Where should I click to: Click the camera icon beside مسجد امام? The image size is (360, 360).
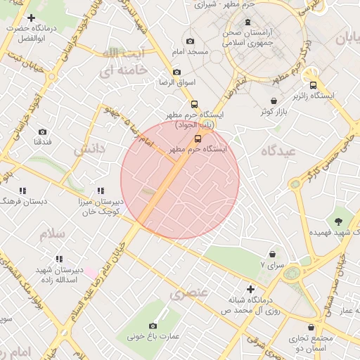(190, 41)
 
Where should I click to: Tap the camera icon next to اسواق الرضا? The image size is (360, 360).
(176, 72)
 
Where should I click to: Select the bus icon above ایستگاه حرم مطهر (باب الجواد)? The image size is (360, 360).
(195, 101)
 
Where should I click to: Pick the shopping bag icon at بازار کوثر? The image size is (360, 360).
(274, 101)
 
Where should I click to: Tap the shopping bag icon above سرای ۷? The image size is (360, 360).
(272, 254)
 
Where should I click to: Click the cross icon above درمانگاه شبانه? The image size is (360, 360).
(250, 289)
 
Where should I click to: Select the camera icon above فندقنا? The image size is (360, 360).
(42, 131)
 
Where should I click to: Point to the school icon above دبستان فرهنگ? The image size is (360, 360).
(23, 191)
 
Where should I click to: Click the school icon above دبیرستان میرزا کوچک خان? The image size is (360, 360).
(101, 191)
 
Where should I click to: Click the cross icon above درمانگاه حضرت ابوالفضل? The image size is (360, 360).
(31, 18)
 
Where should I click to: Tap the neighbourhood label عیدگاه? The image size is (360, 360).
(278, 151)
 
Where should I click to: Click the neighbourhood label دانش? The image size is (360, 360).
(89, 150)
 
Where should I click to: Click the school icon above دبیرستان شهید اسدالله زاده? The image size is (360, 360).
(59, 259)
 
